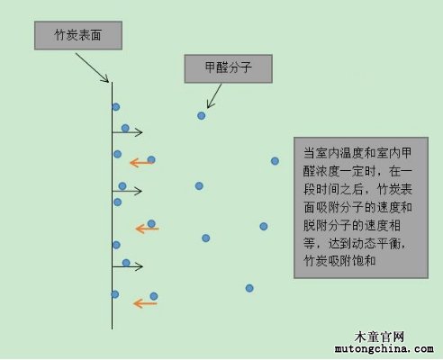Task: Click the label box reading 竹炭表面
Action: [78, 35]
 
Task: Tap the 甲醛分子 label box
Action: [229, 68]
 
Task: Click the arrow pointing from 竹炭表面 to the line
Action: [92, 67]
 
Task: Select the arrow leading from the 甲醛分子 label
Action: [214, 96]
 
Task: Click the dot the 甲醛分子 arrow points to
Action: [202, 115]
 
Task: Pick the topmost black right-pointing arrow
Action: [127, 132]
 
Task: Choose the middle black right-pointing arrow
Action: [127, 191]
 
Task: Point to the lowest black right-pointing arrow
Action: [127, 266]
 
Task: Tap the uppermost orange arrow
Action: [141, 163]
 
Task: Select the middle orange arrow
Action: [147, 229]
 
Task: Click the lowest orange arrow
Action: [145, 303]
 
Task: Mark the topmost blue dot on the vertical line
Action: [116, 107]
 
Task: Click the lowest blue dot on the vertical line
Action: [114, 294]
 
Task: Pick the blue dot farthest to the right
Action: [275, 161]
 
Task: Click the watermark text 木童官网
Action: [379, 337]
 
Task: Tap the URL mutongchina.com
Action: [384, 349]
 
